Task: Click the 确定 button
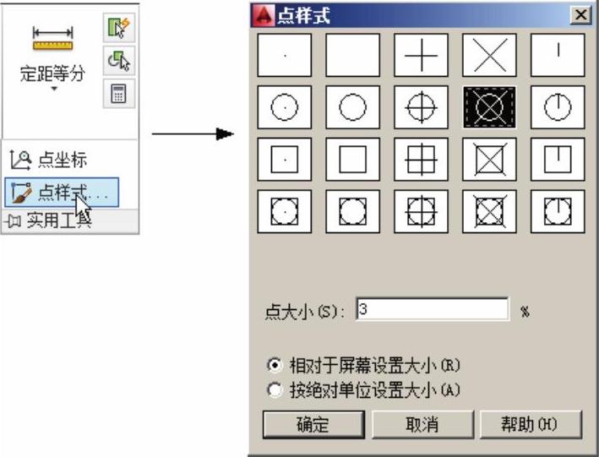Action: [313, 424]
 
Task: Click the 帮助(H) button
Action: [531, 424]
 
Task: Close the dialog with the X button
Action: [581, 15]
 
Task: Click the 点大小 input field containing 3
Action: [433, 309]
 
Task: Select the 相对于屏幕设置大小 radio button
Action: [275, 365]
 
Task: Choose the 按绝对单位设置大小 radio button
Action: [275, 389]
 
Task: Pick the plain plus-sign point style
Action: [421, 56]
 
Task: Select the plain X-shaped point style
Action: [489, 56]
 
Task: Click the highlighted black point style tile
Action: [489, 107]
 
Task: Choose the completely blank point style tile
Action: [352, 56]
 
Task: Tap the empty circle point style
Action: [352, 107]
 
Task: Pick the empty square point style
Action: [352, 160]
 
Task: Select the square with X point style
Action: [489, 160]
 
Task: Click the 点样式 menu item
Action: [62, 193]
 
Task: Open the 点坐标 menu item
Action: [49, 160]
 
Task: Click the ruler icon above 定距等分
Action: [52, 39]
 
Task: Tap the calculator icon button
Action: [118, 93]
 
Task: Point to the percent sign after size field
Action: [525, 312]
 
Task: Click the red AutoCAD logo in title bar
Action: [264, 16]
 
